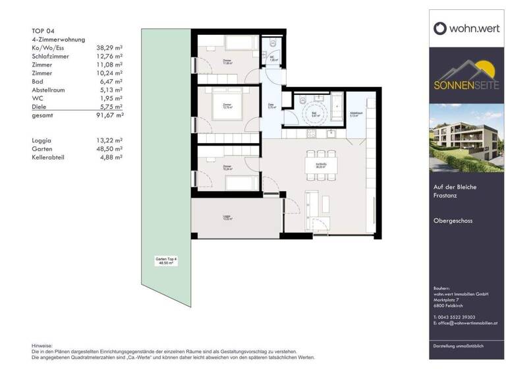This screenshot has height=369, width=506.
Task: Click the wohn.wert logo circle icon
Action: point(441,28)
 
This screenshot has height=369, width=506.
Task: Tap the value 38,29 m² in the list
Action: point(110,48)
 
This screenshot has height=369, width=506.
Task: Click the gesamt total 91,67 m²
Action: point(110,115)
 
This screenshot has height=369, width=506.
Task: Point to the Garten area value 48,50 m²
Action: point(110,148)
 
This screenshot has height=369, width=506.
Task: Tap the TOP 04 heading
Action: point(43,30)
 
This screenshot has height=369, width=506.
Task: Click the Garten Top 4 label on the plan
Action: point(167,261)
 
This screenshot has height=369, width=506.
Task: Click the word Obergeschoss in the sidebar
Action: point(457,221)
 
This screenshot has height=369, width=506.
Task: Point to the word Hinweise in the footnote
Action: point(42,346)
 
